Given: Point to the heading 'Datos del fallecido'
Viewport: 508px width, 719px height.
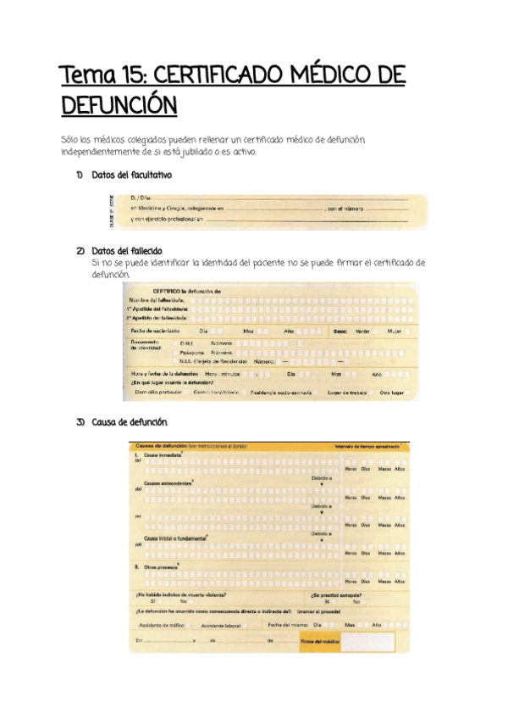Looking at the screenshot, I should pyautogui.click(x=127, y=252).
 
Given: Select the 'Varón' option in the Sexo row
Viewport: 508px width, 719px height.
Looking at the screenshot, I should pyautogui.click(x=362, y=331).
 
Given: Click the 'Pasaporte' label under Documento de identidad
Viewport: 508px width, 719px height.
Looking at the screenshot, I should pyautogui.click(x=191, y=351).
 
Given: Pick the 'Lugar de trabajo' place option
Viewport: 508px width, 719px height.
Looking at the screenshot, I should pyautogui.click(x=347, y=393).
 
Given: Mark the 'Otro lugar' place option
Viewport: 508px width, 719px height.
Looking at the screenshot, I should pyautogui.click(x=392, y=393).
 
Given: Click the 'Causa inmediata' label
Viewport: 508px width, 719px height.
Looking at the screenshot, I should pyautogui.click(x=163, y=455).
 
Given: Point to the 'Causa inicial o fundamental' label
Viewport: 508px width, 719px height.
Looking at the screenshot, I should pyautogui.click(x=175, y=537).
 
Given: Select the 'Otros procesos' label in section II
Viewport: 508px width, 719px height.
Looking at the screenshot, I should pyautogui.click(x=161, y=565).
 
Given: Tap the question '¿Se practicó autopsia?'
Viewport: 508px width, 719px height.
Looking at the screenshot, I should pyautogui.click(x=335, y=594).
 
